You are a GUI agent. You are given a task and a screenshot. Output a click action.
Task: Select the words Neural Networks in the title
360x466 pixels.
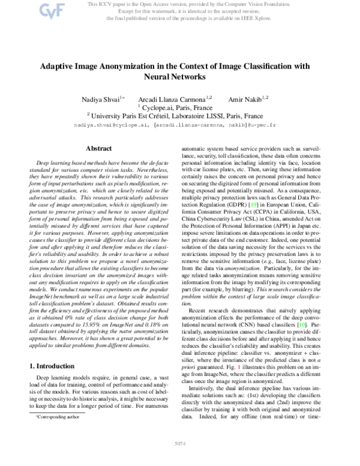pyautogui.click(x=179, y=77)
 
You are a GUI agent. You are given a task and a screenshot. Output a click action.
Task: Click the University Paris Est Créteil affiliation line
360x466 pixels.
pyautogui.click(x=179, y=115)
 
